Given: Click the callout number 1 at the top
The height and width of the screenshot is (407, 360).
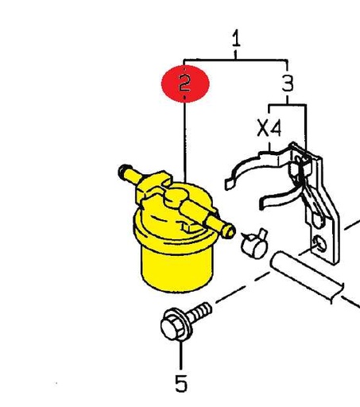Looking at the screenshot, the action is click(236, 38).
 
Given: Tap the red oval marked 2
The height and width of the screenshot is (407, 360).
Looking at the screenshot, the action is click(185, 83).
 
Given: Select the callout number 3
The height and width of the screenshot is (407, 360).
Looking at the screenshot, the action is click(288, 83).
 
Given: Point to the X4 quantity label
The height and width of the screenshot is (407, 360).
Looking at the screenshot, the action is click(269, 128).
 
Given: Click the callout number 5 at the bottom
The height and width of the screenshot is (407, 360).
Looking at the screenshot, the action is click(181, 383).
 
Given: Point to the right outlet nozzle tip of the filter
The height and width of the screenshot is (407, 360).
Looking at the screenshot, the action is click(228, 231).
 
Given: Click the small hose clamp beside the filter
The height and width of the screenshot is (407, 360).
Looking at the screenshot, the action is click(254, 244).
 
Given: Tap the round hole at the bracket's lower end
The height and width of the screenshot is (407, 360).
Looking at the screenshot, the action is click(319, 244).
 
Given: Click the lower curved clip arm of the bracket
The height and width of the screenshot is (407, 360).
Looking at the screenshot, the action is click(281, 197).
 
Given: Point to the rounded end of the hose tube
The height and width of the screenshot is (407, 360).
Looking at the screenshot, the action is click(277, 261).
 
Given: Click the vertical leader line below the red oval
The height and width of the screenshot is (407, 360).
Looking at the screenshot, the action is click(185, 142).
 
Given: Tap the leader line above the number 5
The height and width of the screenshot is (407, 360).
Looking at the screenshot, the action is click(181, 355).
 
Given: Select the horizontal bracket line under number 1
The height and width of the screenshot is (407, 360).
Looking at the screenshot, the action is click(235, 60).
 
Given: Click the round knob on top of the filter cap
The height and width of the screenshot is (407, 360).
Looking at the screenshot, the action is click(177, 196).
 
